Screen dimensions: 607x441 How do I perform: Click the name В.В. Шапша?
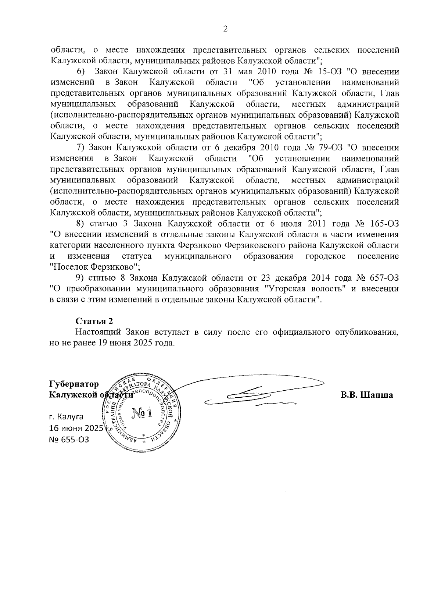366,395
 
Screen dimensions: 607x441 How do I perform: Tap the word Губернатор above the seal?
74,384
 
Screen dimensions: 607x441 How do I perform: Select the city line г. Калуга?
66,417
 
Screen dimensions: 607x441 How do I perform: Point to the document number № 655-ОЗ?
69,440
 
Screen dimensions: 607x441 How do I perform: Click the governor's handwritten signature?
254,395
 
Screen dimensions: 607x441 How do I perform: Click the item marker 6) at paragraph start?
81,72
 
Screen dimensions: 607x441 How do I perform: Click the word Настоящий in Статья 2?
98,332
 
